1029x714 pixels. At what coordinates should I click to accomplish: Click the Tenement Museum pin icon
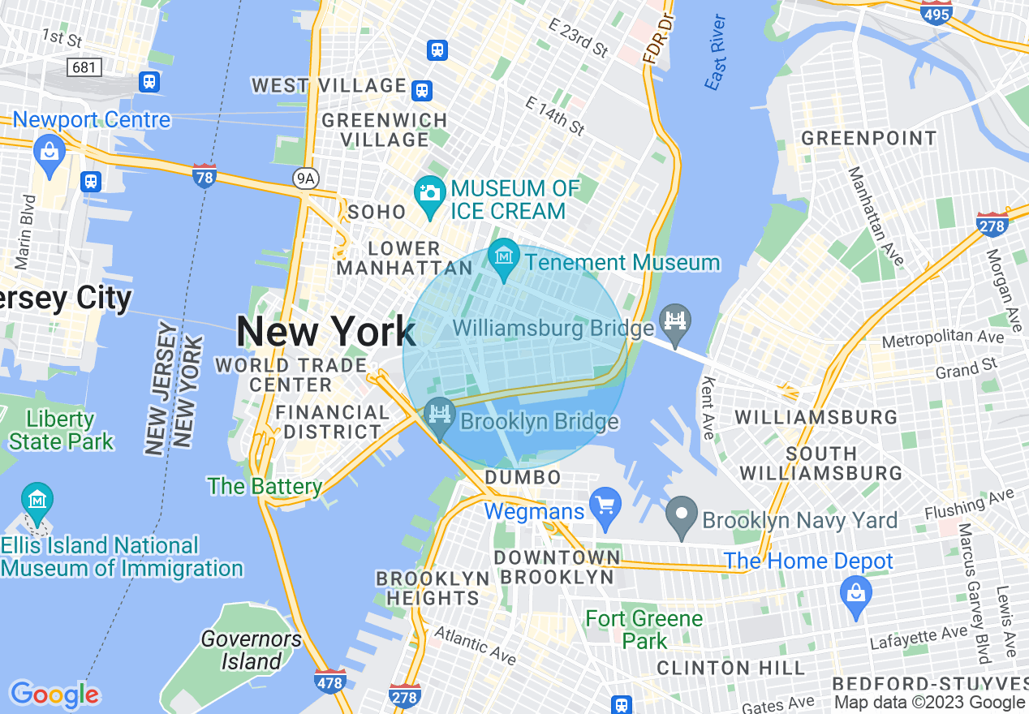point(505,257)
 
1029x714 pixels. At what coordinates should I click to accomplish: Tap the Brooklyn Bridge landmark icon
point(440,415)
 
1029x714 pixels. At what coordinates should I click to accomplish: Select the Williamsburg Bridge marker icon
point(675,320)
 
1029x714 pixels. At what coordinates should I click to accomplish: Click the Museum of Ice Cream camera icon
point(429,193)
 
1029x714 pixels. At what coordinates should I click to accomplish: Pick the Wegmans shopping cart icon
point(605,506)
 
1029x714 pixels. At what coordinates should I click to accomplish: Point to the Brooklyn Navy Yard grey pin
point(682,514)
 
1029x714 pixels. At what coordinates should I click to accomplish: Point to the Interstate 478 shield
point(329,682)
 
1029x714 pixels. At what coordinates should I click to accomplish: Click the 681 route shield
point(84,67)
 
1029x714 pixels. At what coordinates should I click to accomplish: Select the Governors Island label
point(251,650)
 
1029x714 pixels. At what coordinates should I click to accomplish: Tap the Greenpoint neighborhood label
point(869,138)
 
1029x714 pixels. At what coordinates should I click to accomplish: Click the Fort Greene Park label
point(644,630)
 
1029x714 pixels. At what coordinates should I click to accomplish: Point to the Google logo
point(54,695)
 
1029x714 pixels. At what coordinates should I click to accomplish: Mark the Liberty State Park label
point(61,431)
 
